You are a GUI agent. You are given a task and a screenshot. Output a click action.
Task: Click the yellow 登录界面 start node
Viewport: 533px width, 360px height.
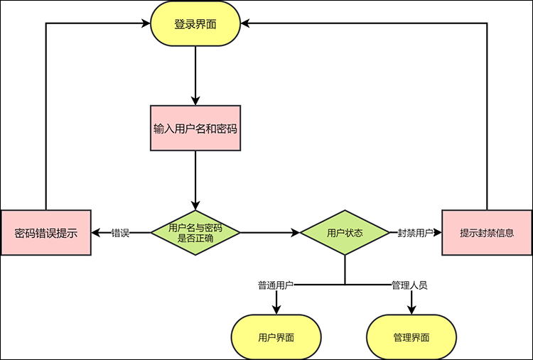195,24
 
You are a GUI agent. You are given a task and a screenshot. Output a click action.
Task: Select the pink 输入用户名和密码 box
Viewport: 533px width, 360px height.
195,129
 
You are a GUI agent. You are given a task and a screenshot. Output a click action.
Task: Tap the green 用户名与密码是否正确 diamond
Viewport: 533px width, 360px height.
195,232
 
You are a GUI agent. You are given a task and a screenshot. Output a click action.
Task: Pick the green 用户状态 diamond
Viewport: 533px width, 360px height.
345,232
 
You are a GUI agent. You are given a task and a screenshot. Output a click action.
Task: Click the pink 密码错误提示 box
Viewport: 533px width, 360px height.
45,232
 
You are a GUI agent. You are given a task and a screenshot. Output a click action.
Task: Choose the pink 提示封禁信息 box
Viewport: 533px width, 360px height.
487,232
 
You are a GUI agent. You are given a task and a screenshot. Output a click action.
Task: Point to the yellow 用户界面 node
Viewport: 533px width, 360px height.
276,338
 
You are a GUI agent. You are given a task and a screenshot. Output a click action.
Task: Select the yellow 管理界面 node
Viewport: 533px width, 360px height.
411,338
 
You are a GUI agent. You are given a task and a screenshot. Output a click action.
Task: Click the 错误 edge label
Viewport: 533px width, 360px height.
120,232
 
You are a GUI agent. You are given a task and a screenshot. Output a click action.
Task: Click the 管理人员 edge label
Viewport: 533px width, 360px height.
409,285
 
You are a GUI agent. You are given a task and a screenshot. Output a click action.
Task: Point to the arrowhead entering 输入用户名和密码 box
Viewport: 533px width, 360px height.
195,100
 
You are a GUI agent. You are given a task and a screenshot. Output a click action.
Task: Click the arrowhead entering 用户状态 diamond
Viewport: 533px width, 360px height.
294,232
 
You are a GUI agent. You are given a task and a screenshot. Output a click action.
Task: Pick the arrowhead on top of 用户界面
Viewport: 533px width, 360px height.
276,310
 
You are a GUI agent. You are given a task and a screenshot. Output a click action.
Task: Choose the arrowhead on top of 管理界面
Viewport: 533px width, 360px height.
411,310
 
